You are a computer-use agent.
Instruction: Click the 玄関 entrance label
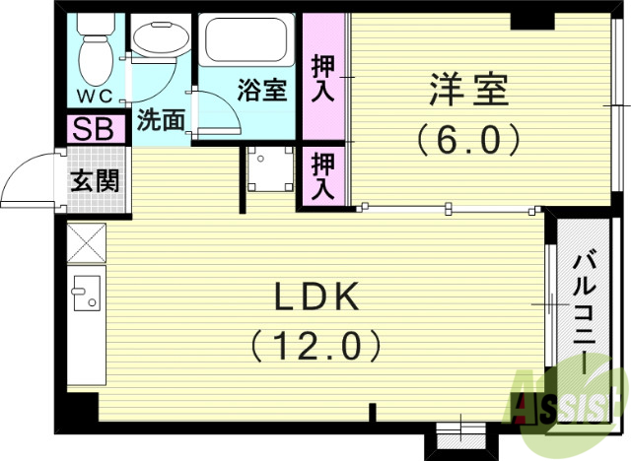click(x=96, y=181)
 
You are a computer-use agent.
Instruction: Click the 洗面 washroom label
click(x=160, y=121)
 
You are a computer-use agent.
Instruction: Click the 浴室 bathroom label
click(x=262, y=91)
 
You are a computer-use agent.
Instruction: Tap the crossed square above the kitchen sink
click(x=86, y=241)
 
